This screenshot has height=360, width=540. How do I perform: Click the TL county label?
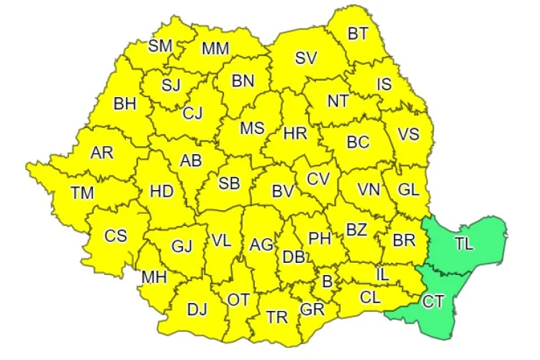pos(464,243)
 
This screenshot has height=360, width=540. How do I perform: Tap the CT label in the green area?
pos(433,302)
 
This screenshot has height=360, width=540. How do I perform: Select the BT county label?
pos(358,33)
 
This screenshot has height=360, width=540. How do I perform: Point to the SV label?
pos(306,58)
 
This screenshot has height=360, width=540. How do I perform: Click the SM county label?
pos(160,46)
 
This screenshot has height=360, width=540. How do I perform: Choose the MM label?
pos(215,49)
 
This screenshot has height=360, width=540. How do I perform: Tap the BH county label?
pos(125,104)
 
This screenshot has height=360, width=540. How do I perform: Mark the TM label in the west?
pos(82,193)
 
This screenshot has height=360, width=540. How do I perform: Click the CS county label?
pos(115,235)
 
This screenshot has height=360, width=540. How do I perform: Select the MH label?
pos(154,277)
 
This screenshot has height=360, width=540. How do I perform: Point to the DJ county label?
pos(197,310)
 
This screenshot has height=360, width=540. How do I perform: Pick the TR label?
pos(276,317)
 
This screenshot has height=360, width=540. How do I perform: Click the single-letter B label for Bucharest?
pos(327,282)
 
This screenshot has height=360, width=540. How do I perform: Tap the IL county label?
pos(383,274)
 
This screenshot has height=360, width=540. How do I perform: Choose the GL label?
pos(408,190)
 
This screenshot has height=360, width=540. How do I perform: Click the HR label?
pos(295,133)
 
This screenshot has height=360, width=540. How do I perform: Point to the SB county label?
pos(229,183)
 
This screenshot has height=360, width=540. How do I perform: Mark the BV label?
pos(282,192)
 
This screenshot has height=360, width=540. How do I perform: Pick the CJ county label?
pos(192,113)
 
